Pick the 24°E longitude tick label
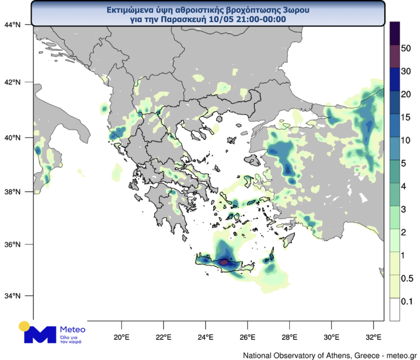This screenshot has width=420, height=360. pos(206,337)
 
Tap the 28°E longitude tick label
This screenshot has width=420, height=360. pos(290,337)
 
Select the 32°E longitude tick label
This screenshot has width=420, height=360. pos(374,337)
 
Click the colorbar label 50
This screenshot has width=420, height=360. pos(406,49)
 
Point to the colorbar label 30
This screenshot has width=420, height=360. pos(406,72)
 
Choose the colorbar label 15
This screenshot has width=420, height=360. pos(406,117)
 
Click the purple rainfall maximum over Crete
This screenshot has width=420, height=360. pos(224,262)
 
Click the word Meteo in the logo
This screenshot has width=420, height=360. pos(73,329)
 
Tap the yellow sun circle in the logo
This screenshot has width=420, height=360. pos(24,327)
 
